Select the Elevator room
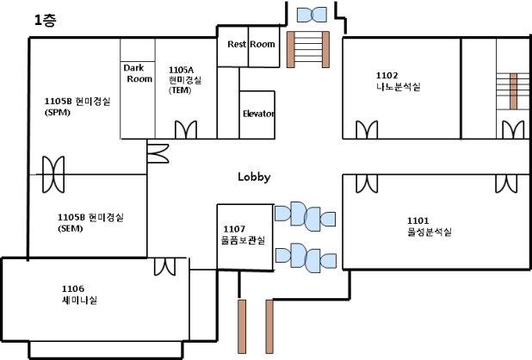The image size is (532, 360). coord(257,114)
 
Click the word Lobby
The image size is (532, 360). coord(254,177)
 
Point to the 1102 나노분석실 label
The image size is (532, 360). coord(398,81)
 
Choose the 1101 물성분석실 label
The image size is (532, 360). coord(429,226)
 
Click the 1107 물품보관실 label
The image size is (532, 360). coord(243,233)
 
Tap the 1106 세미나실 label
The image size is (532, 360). coord(79,295)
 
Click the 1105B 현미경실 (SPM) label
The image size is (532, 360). coord(71,106)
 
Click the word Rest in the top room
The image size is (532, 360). coord(237,45)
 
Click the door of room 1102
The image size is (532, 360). coord(366,130)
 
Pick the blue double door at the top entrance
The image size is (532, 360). coord(309,15)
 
